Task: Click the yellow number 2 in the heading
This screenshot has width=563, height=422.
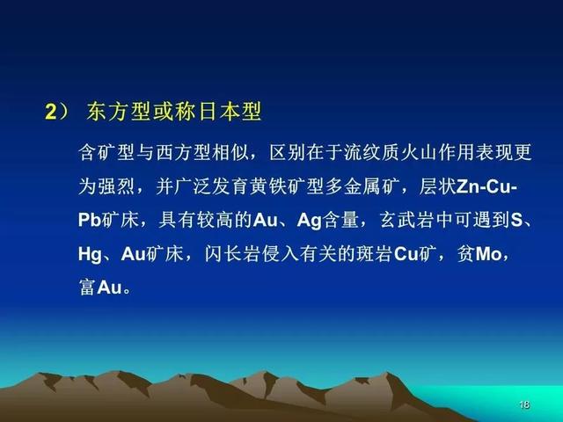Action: [51, 112]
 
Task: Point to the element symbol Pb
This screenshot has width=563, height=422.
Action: [89, 220]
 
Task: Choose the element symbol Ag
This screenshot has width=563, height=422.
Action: [309, 220]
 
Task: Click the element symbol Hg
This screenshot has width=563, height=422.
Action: [90, 254]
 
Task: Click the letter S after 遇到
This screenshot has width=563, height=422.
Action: [516, 220]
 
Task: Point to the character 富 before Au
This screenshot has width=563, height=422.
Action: [87, 287]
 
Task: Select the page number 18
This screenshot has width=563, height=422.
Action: [524, 404]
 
